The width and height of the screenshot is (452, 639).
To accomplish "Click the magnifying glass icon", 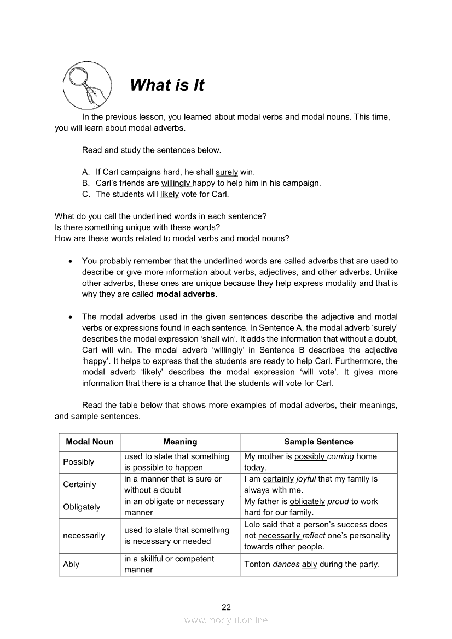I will [x=86, y=85].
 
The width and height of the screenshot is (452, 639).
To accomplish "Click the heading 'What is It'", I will [x=167, y=85].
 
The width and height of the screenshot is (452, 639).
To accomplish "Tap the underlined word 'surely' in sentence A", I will [x=227, y=172].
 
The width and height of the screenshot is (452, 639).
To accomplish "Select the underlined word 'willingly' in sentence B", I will [x=176, y=183].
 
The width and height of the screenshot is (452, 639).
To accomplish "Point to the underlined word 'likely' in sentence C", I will [x=170, y=194].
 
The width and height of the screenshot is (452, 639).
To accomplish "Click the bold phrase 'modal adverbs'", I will [x=186, y=294].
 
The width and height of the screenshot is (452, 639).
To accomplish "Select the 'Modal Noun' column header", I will [x=90, y=442].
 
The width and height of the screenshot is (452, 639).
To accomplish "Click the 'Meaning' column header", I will [x=180, y=442].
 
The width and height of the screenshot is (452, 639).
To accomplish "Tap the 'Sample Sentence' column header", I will [x=318, y=442].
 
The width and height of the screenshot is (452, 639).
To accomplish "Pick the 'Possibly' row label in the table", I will [x=79, y=462].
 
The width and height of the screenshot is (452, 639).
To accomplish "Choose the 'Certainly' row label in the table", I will [x=79, y=484].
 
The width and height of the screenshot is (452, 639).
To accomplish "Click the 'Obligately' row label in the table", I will [x=82, y=507].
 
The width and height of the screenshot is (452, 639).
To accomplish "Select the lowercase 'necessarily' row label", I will [x=84, y=536].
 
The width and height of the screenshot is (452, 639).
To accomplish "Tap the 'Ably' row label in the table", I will [x=71, y=564].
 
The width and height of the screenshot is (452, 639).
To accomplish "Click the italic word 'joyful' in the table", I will [x=306, y=479].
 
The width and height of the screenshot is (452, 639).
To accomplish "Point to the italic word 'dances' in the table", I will [x=286, y=564].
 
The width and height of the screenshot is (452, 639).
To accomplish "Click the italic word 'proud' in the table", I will [x=338, y=501].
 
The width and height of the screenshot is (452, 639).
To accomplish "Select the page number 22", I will [x=226, y=607].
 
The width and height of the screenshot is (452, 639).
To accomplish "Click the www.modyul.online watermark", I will [x=226, y=620].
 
